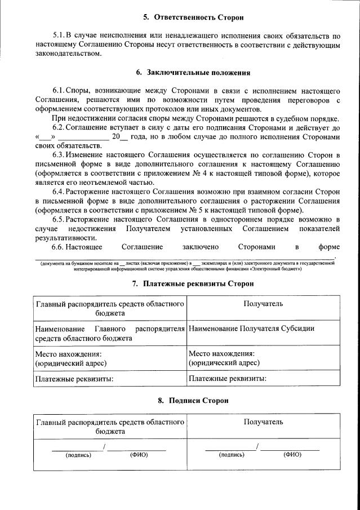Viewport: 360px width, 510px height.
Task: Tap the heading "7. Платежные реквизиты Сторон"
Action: [x=193, y=283]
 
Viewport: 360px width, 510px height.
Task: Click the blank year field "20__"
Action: [x=120, y=136]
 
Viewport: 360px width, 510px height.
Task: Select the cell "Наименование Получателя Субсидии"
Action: [x=252, y=329]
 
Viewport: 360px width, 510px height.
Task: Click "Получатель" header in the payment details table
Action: [x=263, y=304]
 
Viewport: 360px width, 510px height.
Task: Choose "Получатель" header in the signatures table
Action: [x=263, y=422]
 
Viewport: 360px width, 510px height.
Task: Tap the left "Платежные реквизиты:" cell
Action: [x=74, y=379]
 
